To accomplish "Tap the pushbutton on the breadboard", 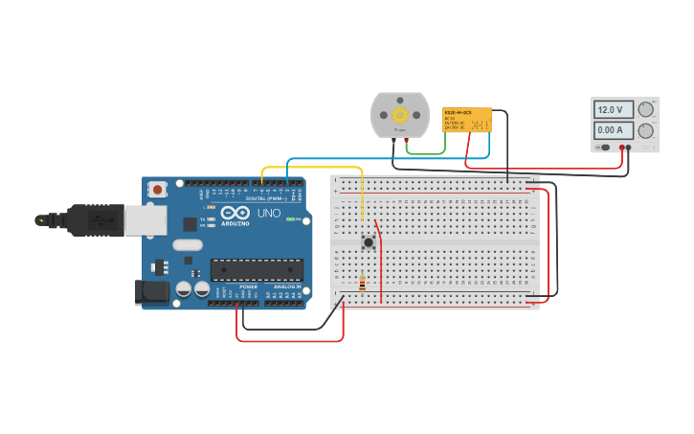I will (x=368, y=242).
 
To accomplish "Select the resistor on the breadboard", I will (x=362, y=283).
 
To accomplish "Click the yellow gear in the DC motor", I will (x=400, y=115).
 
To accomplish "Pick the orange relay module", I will (x=467, y=120).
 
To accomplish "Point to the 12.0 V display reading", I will (x=613, y=110).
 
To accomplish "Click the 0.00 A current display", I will (x=613, y=130).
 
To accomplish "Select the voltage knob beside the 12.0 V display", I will (x=647, y=109).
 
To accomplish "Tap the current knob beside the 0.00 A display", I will (x=647, y=130).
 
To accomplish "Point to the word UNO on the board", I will (x=268, y=213).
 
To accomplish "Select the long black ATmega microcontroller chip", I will (x=257, y=269).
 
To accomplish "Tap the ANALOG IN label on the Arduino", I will (x=285, y=286).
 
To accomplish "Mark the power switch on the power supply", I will (x=604, y=148).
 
